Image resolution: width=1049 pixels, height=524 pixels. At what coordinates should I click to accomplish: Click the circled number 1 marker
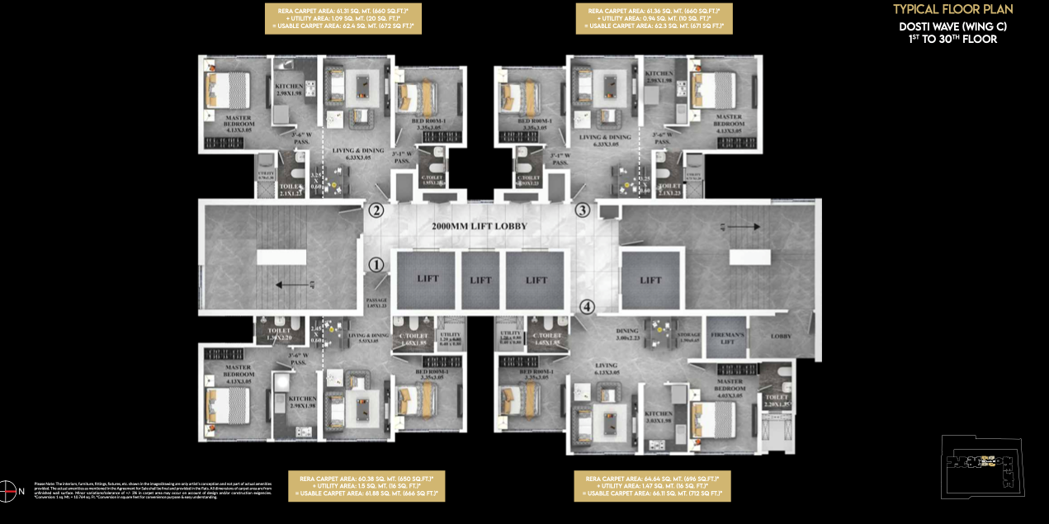(376, 265)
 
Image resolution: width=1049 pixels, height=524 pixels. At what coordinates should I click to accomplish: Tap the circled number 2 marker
(376, 210)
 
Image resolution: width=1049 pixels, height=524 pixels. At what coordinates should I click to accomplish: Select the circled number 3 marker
(582, 210)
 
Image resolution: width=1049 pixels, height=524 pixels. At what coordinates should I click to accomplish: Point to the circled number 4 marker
(587, 308)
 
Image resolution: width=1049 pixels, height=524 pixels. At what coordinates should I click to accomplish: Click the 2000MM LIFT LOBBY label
(480, 226)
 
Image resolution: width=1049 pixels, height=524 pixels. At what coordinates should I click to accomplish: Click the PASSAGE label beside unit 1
(376, 303)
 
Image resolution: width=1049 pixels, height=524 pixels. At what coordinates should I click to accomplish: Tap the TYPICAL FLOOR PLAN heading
(952, 10)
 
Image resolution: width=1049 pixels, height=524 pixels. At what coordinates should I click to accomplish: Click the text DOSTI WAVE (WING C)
(952, 26)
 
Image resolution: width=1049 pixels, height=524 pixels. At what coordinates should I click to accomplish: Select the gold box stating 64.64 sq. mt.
(653, 486)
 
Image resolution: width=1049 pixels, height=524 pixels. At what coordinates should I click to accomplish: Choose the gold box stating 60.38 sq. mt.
(366, 486)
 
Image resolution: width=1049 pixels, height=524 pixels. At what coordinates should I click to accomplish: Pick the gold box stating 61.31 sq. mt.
(343, 18)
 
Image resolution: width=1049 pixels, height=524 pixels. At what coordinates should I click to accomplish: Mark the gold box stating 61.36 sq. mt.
(654, 18)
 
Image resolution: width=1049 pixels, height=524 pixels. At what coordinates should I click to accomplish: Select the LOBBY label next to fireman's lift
(781, 336)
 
